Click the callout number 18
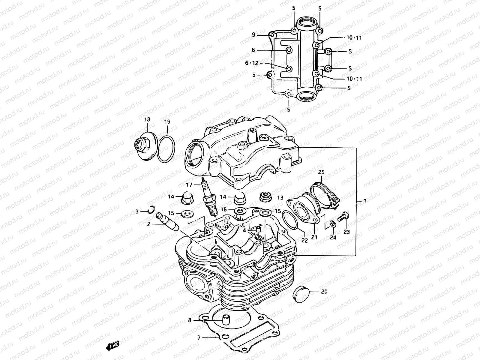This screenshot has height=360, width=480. (x=147, y=119)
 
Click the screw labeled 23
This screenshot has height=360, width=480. (x=343, y=216)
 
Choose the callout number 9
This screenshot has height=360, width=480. (x=253, y=35)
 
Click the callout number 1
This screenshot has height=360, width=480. (x=365, y=201)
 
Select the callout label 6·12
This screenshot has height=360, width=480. (x=252, y=63)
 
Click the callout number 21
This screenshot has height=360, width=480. (x=314, y=237)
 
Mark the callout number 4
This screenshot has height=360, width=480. (x=244, y=230)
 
